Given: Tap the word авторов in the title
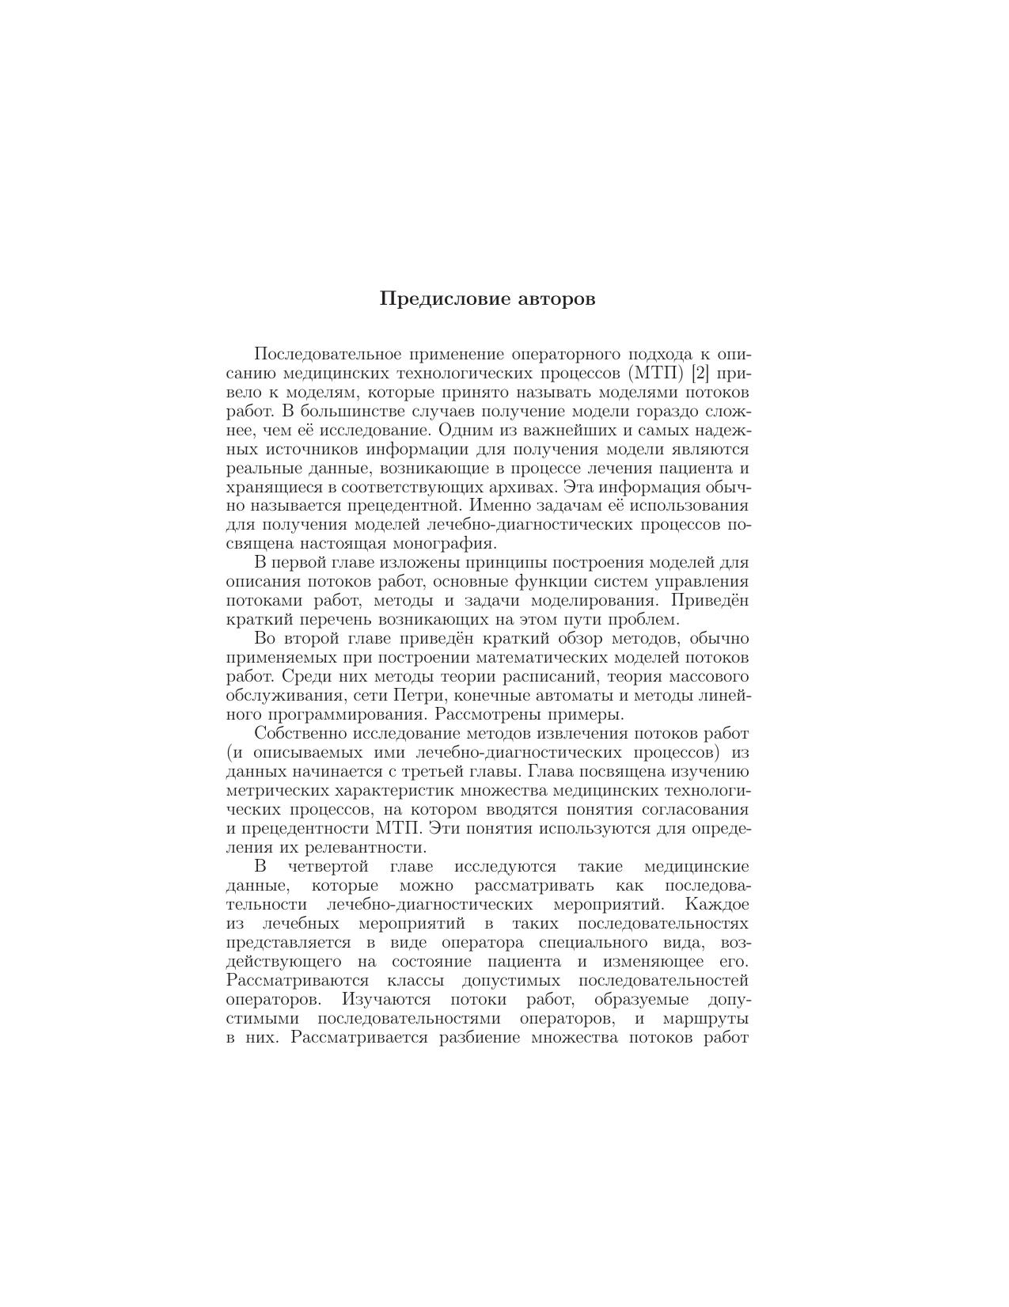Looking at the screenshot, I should pyautogui.click(x=556, y=299).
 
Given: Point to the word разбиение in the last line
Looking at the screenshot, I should pyautogui.click(x=480, y=1038).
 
